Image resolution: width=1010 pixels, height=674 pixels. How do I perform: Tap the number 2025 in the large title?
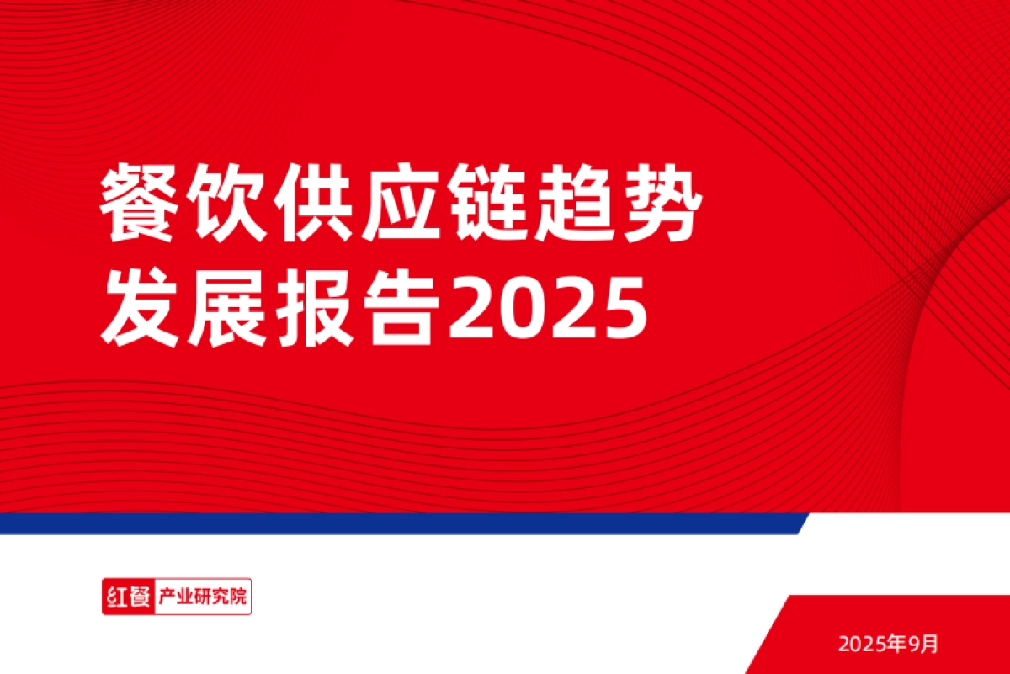[x=547, y=309]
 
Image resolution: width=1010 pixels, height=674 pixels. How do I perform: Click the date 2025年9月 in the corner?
[x=887, y=645]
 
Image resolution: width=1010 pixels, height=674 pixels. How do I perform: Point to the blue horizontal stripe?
[x=396, y=523]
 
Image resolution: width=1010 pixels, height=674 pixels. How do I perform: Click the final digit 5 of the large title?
[x=623, y=309]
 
